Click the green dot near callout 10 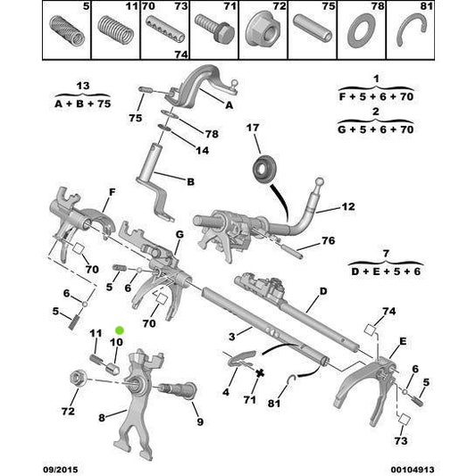click(x=120, y=330)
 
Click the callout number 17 click(x=253, y=129)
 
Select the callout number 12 click(x=347, y=207)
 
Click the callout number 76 click(x=328, y=241)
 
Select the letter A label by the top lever click(x=229, y=104)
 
